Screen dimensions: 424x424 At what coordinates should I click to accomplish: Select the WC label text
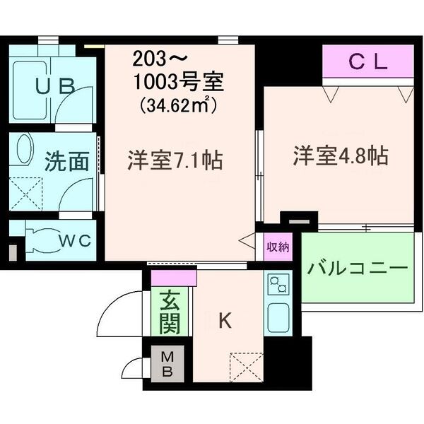point(75,240)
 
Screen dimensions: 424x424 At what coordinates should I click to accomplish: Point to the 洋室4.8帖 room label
point(340,156)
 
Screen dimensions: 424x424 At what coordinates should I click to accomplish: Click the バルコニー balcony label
point(358,269)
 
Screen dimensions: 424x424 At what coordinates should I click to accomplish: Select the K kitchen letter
point(224,321)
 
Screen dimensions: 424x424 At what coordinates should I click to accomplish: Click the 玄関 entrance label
point(170,313)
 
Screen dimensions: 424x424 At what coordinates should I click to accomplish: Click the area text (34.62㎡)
point(177,106)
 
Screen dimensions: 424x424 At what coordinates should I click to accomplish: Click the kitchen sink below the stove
point(277,317)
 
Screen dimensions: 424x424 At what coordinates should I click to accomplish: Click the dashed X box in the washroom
point(25,192)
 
